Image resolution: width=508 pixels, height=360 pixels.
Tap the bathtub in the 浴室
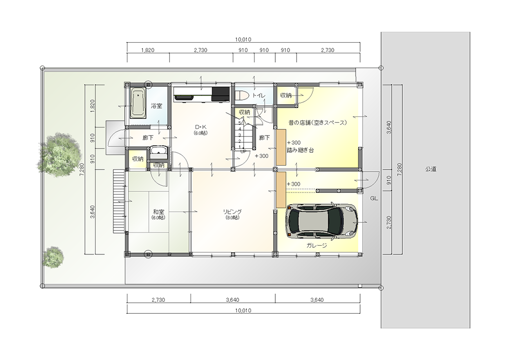point(138,103)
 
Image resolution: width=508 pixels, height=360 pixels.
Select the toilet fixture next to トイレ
point(241,95)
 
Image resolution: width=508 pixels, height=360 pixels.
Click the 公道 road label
point(431,169)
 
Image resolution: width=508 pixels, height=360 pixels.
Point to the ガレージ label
point(316,245)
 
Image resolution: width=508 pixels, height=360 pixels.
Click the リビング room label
point(232,212)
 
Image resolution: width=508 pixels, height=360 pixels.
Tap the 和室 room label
point(158,212)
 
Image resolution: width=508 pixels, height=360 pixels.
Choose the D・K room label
point(201,127)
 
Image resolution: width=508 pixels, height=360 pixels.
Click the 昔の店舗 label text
point(299,123)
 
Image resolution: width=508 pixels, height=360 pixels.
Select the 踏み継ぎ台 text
point(300,150)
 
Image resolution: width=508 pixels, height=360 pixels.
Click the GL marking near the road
point(374,199)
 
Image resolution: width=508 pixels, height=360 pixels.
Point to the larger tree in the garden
point(59,154)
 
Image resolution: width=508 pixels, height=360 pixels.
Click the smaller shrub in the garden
point(53,257)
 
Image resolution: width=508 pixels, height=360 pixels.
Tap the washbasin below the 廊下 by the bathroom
point(158,152)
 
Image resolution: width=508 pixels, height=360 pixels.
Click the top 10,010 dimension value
point(243,40)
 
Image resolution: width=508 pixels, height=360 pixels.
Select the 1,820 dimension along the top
point(148,50)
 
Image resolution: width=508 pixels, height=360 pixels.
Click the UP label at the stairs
point(243,151)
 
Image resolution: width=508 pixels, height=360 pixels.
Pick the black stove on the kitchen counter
point(220,94)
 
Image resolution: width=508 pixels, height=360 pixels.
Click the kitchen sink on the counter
point(184,96)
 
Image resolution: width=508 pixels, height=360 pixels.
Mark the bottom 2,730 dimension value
point(158,300)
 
